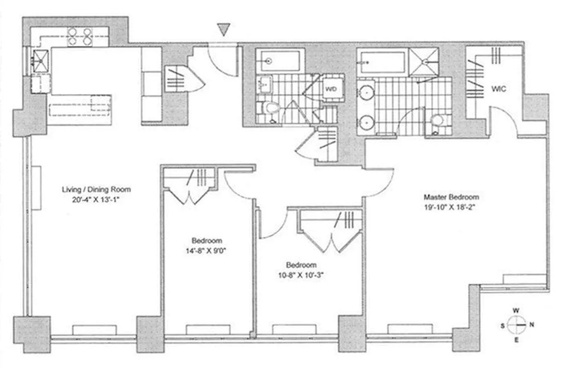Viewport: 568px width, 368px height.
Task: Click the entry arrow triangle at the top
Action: click(x=223, y=30)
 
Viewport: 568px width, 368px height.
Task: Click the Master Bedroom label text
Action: click(x=449, y=197)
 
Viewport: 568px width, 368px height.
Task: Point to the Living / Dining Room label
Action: click(x=97, y=189)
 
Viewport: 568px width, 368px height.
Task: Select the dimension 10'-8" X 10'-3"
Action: click(x=302, y=276)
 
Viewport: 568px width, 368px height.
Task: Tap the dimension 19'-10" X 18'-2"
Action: click(x=449, y=207)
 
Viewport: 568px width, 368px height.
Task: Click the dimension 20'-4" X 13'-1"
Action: click(x=97, y=199)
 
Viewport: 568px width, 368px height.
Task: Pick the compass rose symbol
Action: click(x=516, y=324)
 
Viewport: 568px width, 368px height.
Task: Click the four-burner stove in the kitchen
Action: click(x=79, y=37)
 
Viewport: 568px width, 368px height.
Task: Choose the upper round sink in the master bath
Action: click(x=367, y=91)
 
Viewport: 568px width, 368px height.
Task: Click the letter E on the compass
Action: click(x=516, y=340)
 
